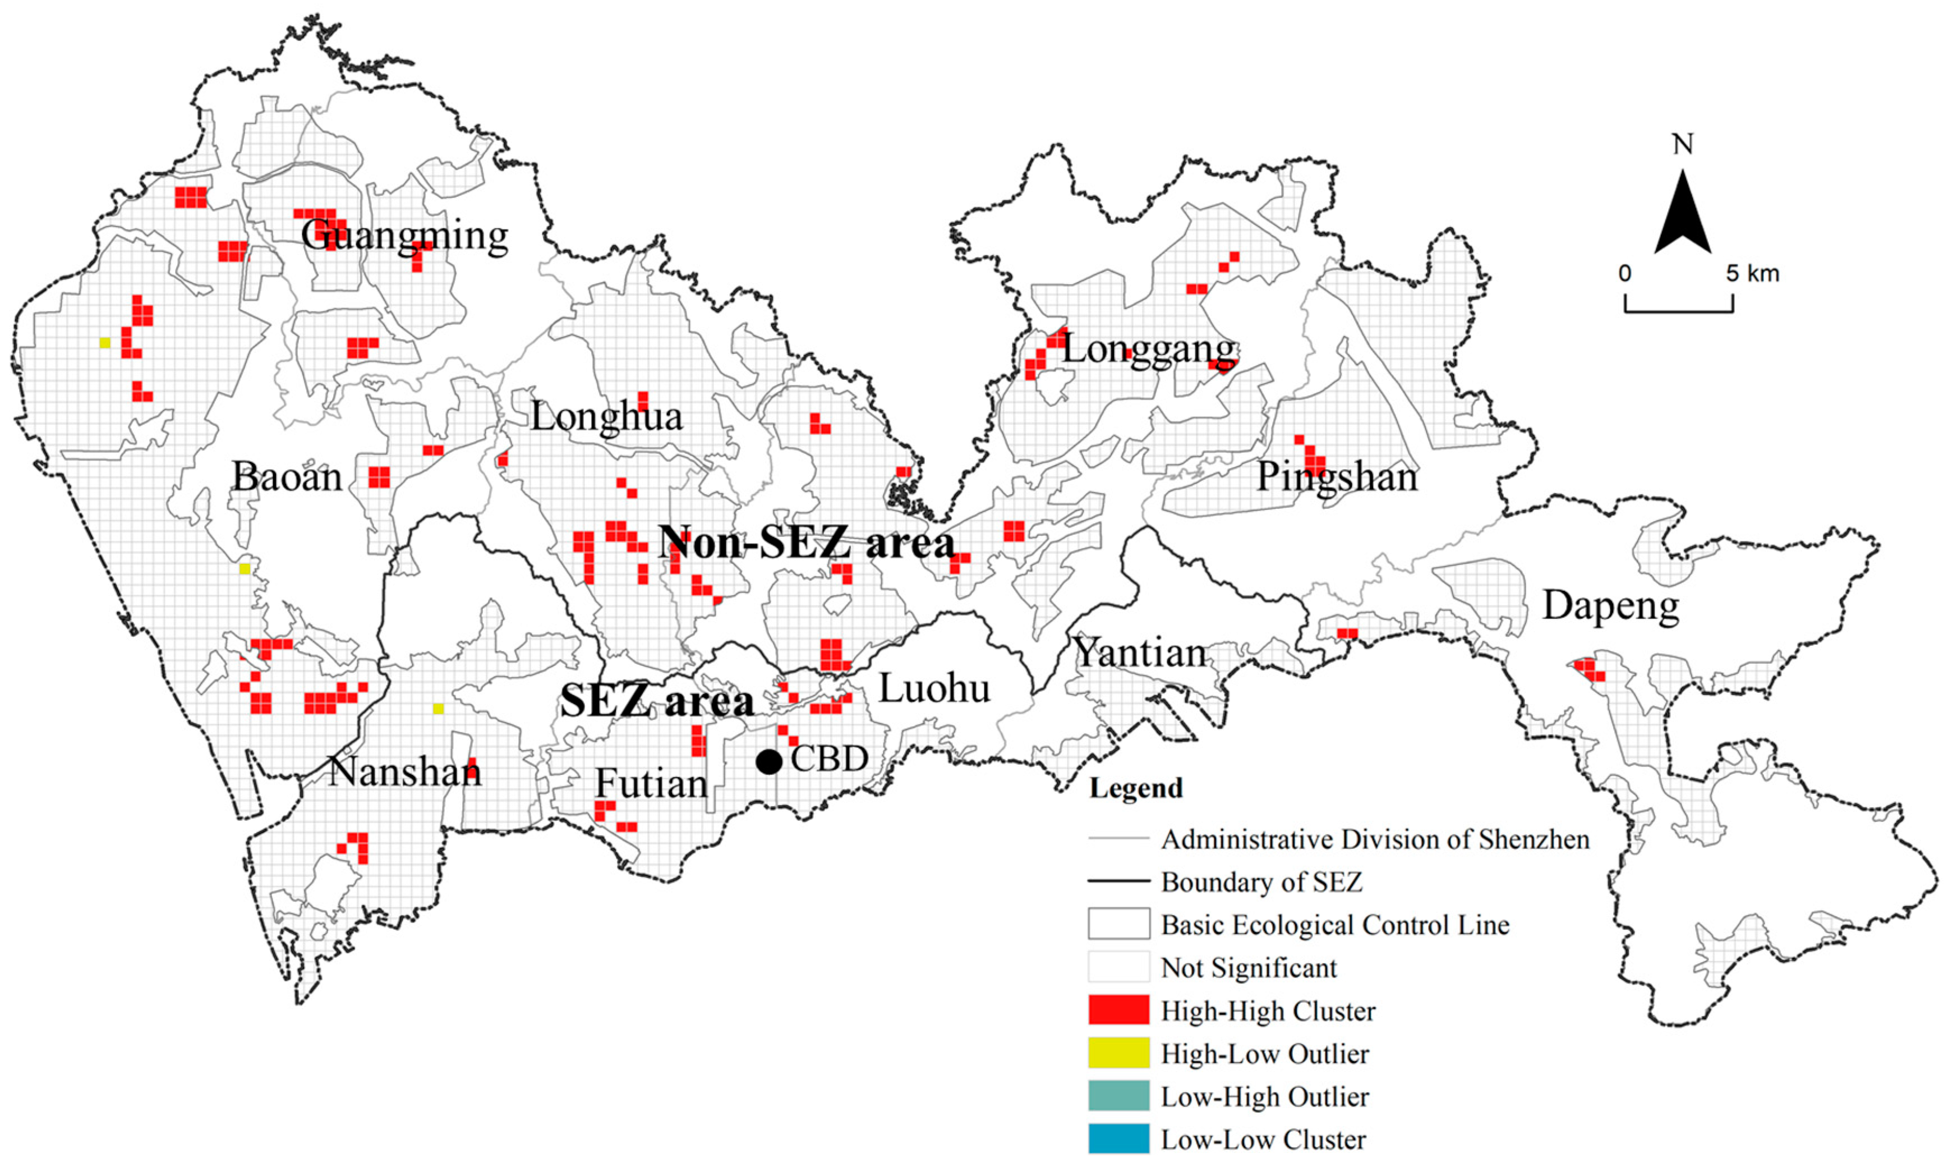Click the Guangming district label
[404, 235]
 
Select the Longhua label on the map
[606, 417]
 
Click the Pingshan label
[1337, 476]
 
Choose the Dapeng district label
[1610, 606]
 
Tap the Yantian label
[1140, 653]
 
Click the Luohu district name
[934, 689]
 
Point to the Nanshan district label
[404, 772]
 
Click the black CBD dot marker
[769, 761]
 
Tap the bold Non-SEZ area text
[806, 543]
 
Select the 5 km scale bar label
[1752, 274]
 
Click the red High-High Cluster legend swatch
[1118, 1011]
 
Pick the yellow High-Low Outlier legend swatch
[1118, 1053]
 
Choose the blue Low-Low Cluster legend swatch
[1118, 1140]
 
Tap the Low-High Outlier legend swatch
[1118, 1096]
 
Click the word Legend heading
[1136, 788]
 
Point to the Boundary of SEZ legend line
[1118, 881]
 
